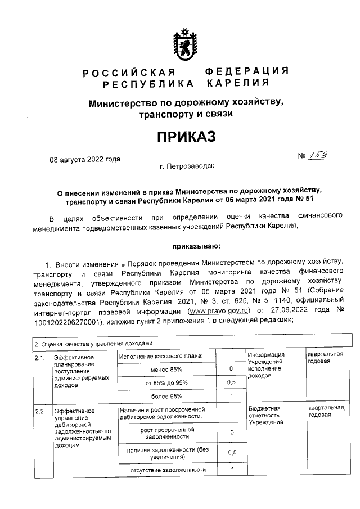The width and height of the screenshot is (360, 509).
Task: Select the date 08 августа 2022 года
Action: (x=85, y=159)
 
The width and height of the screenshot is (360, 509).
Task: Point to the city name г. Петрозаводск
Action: (x=187, y=166)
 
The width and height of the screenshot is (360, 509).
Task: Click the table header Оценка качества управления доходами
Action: (x=93, y=343)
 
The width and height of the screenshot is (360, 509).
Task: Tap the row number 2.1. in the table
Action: (x=39, y=357)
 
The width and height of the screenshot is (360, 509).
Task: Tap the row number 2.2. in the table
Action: (x=39, y=411)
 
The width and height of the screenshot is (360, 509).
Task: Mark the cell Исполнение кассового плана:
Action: (x=160, y=355)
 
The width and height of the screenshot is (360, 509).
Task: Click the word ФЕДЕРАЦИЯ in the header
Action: (x=246, y=71)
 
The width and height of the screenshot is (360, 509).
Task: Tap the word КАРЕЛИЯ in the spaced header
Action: (x=236, y=84)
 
